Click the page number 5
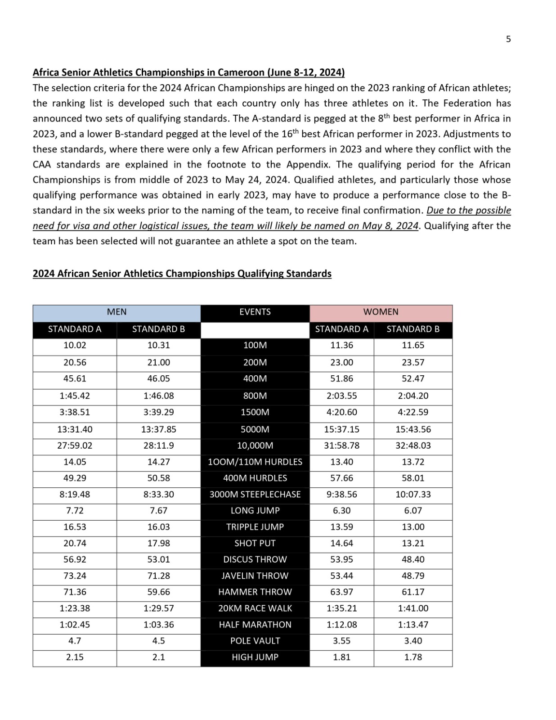click(508, 39)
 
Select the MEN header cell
click(117, 312)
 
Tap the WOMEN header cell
click(381, 312)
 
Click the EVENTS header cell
click(255, 312)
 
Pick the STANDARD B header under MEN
click(158, 329)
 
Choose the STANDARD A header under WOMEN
click(341, 329)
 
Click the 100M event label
click(255, 345)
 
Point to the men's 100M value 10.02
click(75, 345)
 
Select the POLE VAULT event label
click(255, 641)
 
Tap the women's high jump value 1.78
click(413, 657)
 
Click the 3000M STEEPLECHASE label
click(255, 494)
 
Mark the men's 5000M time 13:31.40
click(75, 429)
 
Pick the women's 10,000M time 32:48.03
click(413, 445)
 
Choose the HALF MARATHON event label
click(255, 625)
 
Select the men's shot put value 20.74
click(75, 543)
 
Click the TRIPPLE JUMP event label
click(255, 527)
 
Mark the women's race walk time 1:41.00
click(413, 608)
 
